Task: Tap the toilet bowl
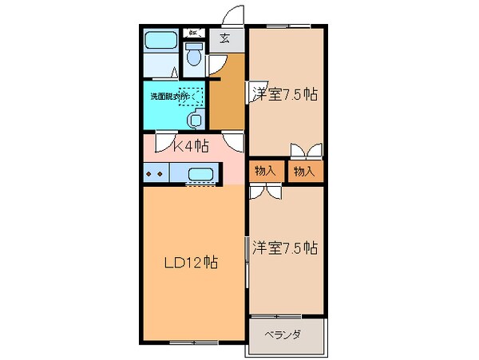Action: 192,56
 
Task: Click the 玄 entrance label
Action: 224,37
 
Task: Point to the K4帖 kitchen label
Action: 192,145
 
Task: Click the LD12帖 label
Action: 192,262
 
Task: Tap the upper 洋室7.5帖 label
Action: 286,94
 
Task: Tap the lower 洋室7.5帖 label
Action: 286,247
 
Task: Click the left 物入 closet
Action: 266,171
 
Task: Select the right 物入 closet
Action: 304,171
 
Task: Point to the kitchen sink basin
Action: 201,173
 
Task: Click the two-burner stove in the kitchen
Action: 155,173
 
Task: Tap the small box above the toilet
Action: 194,34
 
